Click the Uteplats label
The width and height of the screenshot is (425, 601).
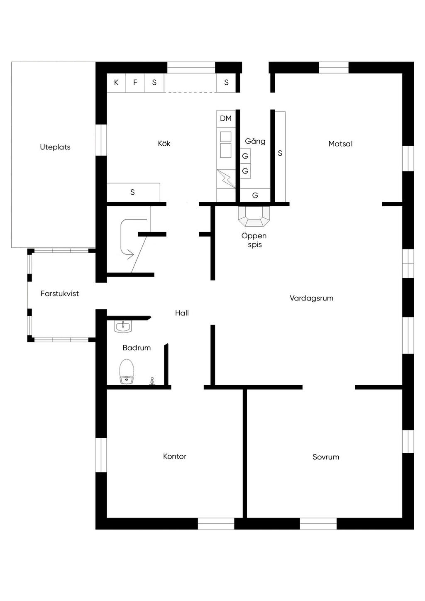[55, 147]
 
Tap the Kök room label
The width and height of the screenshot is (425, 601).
[164, 143]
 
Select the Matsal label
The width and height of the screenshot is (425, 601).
[340, 144]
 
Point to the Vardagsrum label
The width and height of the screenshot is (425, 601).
[311, 298]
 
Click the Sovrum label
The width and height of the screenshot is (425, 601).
[326, 457]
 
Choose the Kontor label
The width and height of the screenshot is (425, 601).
[175, 456]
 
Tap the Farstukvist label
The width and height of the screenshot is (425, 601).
[60, 293]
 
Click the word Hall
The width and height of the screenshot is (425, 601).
[182, 313]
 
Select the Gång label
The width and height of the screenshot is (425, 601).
[255, 141]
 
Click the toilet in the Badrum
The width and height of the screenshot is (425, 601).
[127, 372]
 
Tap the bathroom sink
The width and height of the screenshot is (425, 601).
[123, 327]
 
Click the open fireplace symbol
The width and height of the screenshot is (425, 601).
[254, 216]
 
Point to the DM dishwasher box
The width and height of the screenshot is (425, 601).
[226, 119]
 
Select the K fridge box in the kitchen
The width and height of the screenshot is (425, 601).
[116, 83]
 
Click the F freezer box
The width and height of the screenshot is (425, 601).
[135, 83]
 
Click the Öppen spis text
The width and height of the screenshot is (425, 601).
[254, 240]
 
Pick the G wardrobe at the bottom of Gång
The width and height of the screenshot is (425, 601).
[255, 195]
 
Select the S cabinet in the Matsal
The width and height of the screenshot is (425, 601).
[280, 154]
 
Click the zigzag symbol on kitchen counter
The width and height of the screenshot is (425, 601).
[226, 179]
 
